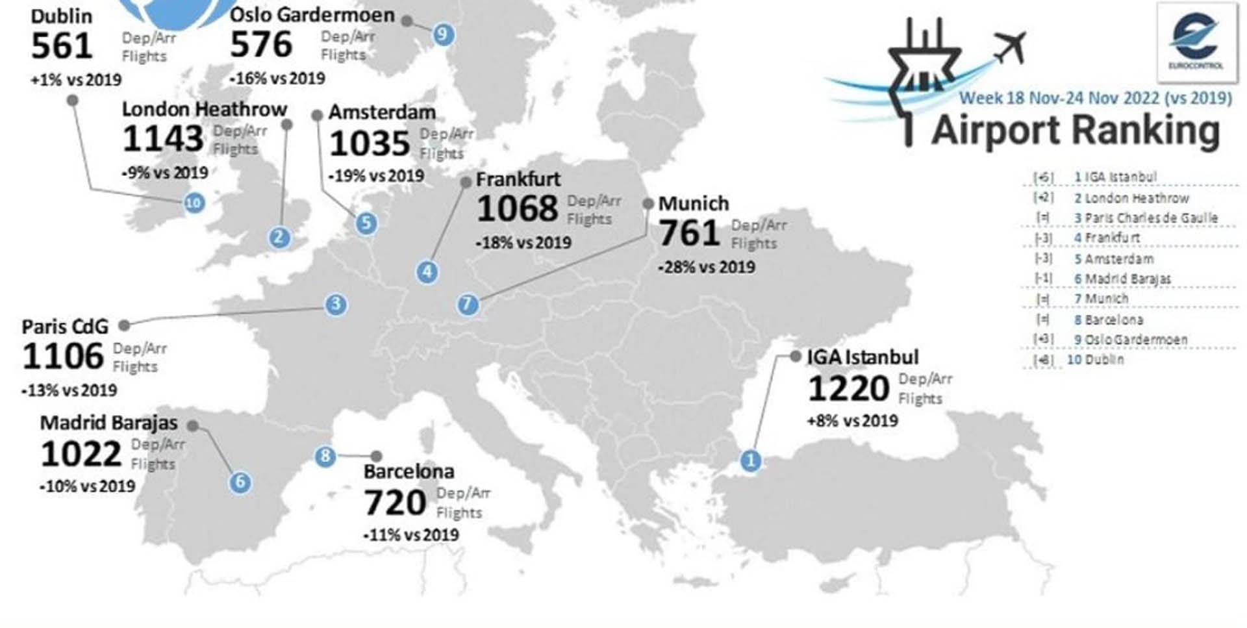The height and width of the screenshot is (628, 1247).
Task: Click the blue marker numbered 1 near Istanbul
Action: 751,460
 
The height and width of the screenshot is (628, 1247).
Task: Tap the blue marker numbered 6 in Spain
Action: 240,482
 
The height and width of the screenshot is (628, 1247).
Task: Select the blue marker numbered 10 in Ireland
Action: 194,203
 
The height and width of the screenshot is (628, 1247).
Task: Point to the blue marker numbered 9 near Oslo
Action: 443,34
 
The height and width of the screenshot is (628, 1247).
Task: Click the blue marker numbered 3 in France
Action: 336,304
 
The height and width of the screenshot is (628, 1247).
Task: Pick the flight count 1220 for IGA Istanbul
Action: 848,389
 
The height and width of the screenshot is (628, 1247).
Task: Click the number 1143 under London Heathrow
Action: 163,139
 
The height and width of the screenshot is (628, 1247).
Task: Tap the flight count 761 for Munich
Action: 689,233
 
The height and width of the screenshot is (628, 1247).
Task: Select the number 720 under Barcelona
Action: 395,503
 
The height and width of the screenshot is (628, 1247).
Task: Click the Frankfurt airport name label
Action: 518,179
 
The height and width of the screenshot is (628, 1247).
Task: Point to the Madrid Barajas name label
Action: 108,423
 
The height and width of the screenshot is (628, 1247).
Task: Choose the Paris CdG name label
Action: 65,326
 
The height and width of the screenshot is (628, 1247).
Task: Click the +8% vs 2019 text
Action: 852,421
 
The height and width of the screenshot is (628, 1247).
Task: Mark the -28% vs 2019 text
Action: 707,267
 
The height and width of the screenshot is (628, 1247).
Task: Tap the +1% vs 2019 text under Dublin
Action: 76,80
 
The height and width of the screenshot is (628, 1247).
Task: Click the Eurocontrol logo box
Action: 1196,43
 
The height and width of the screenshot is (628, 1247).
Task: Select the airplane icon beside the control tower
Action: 1010,47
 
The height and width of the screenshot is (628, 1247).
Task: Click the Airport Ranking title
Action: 1076,131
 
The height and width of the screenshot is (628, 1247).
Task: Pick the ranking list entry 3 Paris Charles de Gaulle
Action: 1146,218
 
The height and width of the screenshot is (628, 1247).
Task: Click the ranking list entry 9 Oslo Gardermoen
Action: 1130,340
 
